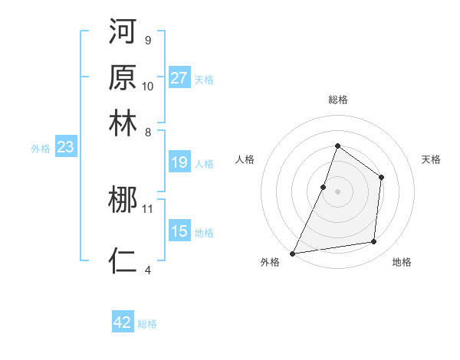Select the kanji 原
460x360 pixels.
tap(123, 77)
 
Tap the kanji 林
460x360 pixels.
tap(123, 123)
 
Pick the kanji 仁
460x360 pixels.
tap(123, 260)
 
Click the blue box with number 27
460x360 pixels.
tap(179, 77)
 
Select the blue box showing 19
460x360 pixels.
tap(179, 162)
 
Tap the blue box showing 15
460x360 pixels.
tap(179, 231)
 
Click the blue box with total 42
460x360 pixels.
tap(123, 322)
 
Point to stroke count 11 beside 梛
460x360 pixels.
tap(148, 208)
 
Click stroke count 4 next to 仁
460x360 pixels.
tap(148, 269)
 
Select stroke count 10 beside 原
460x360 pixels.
tap(148, 85)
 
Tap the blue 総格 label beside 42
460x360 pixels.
tap(147, 324)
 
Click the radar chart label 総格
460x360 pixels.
tap(337, 100)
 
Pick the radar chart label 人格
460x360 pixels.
tap(245, 159)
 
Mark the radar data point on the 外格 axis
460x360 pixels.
tap(292, 253)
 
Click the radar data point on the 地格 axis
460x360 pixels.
tap(374, 242)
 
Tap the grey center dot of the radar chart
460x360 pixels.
tap(337, 191)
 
